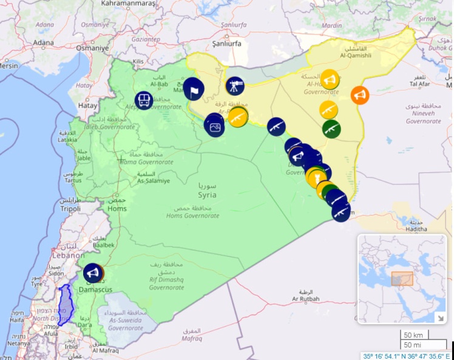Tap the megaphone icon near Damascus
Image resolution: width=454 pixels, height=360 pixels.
point(93,273)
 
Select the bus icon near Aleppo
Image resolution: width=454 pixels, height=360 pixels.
point(144,100)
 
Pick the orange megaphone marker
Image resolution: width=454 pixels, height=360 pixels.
point(359,95)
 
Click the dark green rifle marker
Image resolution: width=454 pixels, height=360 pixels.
point(331,129)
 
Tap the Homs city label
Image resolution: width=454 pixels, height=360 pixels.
point(117,209)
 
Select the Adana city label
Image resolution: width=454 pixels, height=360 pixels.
point(43,42)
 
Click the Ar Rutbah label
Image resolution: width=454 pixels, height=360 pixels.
point(305,299)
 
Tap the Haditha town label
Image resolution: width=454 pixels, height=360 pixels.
point(415,229)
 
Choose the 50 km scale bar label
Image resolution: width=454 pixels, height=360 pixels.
point(413,335)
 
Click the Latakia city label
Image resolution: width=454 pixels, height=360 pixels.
point(67,140)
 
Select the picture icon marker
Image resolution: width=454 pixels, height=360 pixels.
point(215,126)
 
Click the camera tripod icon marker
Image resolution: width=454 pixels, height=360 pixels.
point(235,86)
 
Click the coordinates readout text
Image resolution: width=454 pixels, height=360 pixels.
point(407,356)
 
